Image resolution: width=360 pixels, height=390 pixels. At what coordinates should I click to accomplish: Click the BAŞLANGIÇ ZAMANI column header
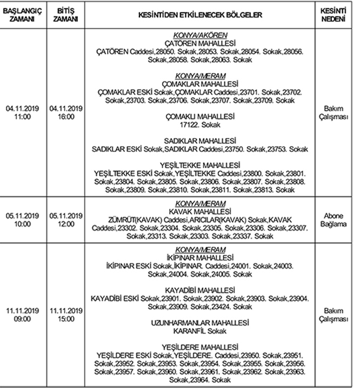(22, 15)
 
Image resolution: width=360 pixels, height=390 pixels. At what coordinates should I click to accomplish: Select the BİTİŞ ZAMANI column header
(65, 15)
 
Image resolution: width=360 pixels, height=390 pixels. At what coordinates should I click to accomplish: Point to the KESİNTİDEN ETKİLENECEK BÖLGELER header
(200, 15)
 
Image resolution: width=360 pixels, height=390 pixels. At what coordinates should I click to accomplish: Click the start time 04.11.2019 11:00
(22, 113)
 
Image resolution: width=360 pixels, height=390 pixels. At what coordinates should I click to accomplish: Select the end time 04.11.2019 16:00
(65, 113)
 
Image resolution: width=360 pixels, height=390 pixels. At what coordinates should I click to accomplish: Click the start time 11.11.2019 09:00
(22, 315)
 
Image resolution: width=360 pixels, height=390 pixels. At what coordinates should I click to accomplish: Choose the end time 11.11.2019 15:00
(65, 315)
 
